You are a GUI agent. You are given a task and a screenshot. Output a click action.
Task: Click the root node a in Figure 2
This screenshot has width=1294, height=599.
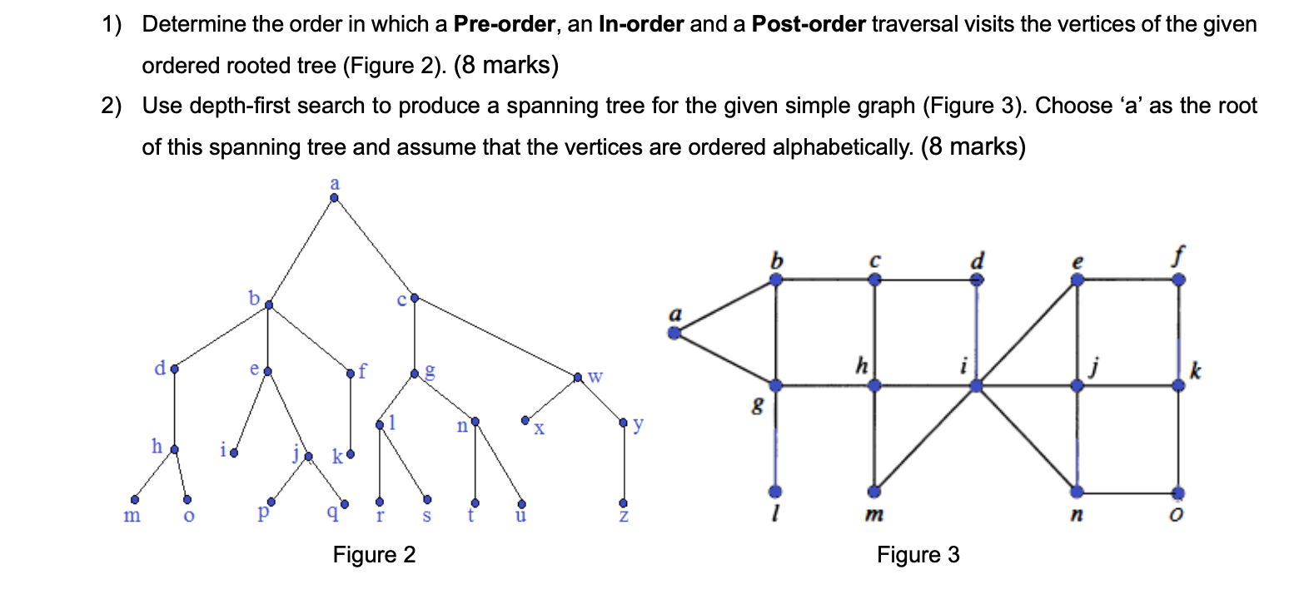pyautogui.click(x=334, y=198)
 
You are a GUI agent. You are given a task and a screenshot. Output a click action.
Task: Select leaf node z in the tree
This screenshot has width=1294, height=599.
pyautogui.click(x=623, y=503)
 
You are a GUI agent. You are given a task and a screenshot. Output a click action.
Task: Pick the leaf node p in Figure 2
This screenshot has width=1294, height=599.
pyautogui.click(x=268, y=502)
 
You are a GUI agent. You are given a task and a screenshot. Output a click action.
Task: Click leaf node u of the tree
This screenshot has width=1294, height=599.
pyautogui.click(x=521, y=503)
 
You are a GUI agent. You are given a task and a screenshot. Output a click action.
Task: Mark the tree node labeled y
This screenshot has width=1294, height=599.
pyautogui.click(x=624, y=423)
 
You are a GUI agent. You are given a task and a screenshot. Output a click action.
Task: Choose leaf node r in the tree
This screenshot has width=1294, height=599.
pyautogui.click(x=380, y=502)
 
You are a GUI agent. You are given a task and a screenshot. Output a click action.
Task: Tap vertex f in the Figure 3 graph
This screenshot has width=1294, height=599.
pyautogui.click(x=1178, y=281)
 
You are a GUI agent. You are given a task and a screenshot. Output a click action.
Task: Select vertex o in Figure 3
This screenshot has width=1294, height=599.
pyautogui.click(x=1178, y=492)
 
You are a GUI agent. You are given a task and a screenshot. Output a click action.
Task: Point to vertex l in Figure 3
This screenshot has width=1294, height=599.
pyautogui.click(x=775, y=492)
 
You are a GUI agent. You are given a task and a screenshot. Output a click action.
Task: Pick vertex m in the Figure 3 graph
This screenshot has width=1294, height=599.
pyautogui.click(x=874, y=492)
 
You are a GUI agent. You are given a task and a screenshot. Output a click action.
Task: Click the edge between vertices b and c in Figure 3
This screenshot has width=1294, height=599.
pyautogui.click(x=824, y=281)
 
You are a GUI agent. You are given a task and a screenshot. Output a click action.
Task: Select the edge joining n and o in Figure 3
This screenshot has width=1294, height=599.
pyautogui.click(x=1127, y=492)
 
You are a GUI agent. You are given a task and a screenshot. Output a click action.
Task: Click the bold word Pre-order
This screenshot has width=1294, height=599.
pyautogui.click(x=505, y=24)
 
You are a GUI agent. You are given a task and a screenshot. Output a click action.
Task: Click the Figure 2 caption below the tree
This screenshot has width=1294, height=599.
pyautogui.click(x=374, y=554)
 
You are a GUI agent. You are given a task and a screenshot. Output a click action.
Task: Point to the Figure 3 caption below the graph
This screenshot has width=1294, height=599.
pyautogui.click(x=918, y=554)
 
